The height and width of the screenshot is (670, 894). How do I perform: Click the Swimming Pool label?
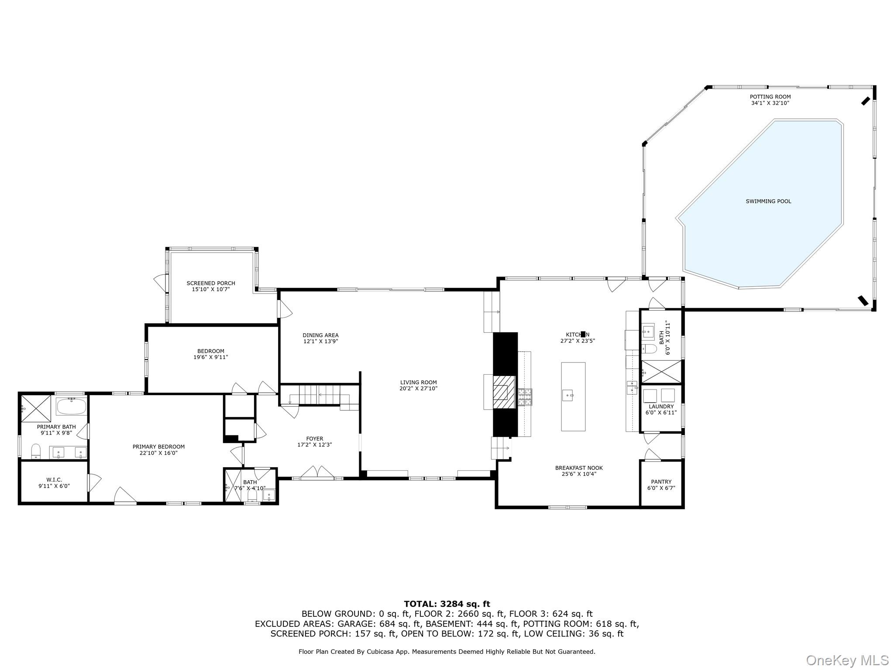click(768, 201)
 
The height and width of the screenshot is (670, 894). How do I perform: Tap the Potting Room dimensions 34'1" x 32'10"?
click(770, 103)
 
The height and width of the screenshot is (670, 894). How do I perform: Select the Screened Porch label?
click(211, 283)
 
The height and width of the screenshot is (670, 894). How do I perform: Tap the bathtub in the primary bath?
click(71, 406)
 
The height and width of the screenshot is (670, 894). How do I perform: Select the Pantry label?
click(661, 482)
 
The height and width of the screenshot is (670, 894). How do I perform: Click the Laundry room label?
click(661, 406)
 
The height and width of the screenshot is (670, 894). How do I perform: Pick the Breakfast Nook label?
click(579, 468)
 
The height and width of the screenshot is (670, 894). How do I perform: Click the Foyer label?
click(314, 438)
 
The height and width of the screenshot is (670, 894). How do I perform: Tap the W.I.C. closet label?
click(54, 479)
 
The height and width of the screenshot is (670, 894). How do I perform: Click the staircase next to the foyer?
click(319, 395)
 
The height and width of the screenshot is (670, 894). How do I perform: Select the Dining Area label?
click(320, 335)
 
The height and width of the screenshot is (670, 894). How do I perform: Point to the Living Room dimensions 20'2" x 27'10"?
click(418, 388)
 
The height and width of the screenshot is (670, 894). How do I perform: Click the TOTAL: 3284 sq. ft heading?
click(447, 604)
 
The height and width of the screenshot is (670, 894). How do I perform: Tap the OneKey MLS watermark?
click(847, 660)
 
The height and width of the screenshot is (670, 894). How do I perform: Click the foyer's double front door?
click(317, 473)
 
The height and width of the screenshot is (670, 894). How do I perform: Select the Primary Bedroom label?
click(158, 446)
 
